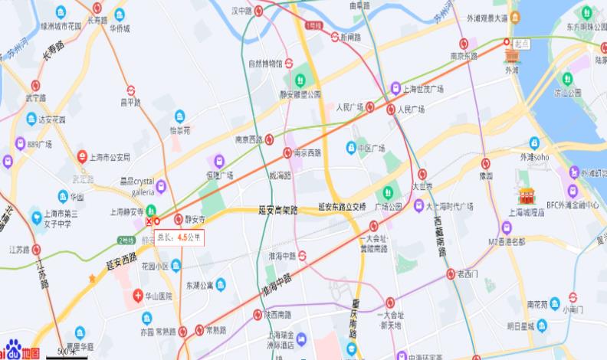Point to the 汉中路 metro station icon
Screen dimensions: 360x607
click(261, 11)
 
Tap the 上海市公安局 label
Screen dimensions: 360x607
click(110, 157)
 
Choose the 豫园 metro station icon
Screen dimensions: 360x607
click(486, 163)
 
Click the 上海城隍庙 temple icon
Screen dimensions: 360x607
click(526, 196)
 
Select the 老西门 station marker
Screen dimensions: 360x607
click(451, 273)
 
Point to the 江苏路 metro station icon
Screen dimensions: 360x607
click(36, 249)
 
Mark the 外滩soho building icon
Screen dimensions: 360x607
click(534, 142)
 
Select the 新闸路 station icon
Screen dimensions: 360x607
click(335, 37)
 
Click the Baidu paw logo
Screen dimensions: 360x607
click(9, 351)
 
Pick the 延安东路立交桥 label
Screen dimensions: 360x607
click(342, 206)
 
